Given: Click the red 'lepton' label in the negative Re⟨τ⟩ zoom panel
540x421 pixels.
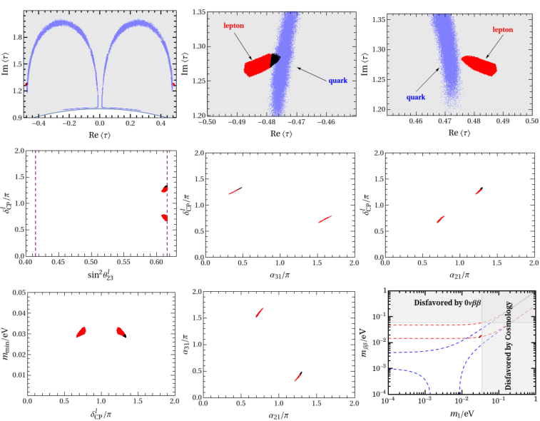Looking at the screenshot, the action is tap(233, 26).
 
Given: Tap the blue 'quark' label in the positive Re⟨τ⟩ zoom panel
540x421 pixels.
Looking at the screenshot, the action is tap(416, 97).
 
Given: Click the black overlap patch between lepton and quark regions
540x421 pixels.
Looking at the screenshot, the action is tap(275, 60).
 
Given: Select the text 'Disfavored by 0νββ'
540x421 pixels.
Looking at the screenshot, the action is tap(447, 303).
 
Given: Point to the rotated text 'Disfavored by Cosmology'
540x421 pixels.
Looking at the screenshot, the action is tap(509, 346).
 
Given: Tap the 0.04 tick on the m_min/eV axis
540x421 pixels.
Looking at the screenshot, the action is tap(19, 313).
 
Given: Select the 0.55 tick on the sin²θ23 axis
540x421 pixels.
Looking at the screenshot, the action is tap(123, 262).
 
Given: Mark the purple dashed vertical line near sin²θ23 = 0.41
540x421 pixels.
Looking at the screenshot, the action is tap(36, 203).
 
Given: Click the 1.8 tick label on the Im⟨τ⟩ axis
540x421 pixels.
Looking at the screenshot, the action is tap(18, 37).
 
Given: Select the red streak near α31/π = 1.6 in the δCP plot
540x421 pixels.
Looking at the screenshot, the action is tap(325, 219).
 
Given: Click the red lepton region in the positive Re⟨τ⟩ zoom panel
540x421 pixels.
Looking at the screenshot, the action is tap(479, 65).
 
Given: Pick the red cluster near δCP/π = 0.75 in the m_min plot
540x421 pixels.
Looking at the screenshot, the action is tap(81, 332).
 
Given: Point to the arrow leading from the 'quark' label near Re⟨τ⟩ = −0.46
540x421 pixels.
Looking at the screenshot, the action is tap(312, 75).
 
